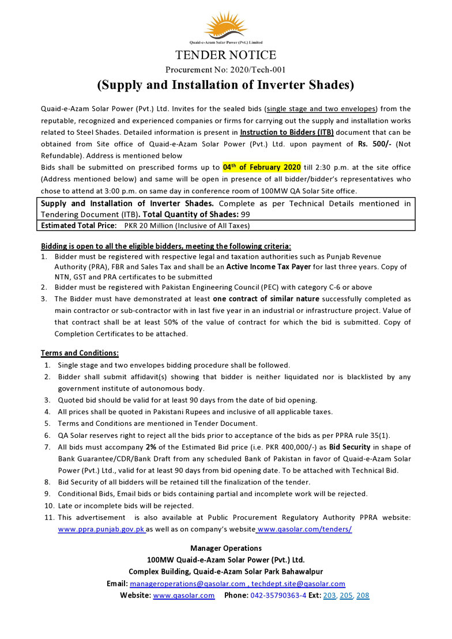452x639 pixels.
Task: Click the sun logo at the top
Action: click(x=225, y=25)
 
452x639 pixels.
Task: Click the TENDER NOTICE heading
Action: click(x=225, y=55)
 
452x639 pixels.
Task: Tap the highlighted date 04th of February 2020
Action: click(x=262, y=167)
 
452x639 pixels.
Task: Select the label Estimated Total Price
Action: click(x=78, y=225)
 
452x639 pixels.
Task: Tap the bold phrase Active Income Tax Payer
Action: click(x=269, y=267)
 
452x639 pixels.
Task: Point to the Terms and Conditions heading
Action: click(x=80, y=353)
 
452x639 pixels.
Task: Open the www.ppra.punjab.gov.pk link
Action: click(x=101, y=529)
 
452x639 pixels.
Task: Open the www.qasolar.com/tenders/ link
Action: click(x=304, y=529)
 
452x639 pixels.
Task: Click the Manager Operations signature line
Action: click(x=225, y=548)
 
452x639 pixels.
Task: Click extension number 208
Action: click(x=363, y=595)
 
